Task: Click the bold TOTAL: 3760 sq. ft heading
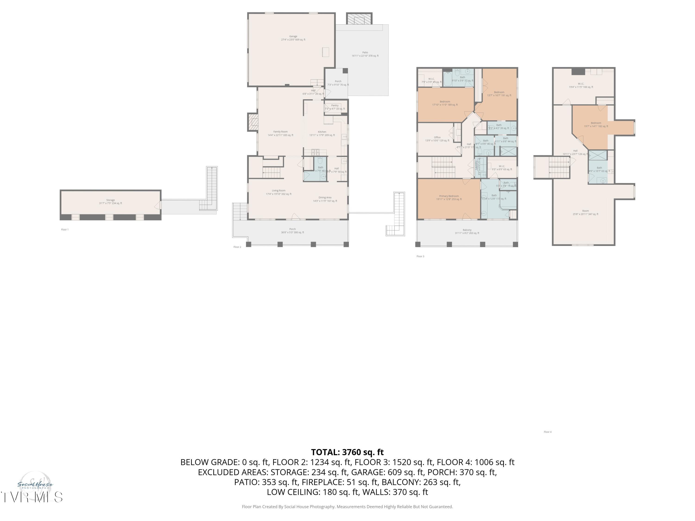click(347, 452)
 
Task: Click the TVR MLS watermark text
click(32, 497)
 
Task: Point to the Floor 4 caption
click(547, 432)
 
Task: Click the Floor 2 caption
click(237, 247)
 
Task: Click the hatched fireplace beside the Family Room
click(253, 122)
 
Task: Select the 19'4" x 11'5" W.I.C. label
click(581, 85)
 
